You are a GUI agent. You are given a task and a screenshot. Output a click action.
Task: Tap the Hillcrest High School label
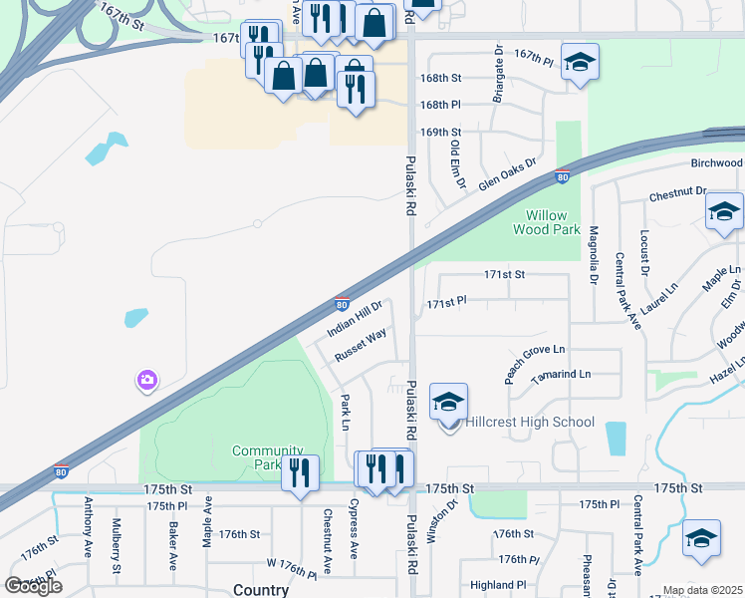coord(530,422)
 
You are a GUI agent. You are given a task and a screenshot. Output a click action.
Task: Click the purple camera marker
coord(147,380)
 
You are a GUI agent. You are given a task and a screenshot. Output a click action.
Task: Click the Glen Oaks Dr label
coord(507,173)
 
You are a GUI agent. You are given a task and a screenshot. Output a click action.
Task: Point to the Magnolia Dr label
coord(594,251)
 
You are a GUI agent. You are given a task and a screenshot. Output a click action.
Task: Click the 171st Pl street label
coord(447,301)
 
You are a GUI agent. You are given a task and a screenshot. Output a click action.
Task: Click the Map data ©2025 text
coord(701,590)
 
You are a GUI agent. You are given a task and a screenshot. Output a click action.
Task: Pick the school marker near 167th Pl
coord(580,64)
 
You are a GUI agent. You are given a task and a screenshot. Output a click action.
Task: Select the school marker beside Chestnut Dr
coord(724,212)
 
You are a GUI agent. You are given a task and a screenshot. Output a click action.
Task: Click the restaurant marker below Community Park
coord(300,472)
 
